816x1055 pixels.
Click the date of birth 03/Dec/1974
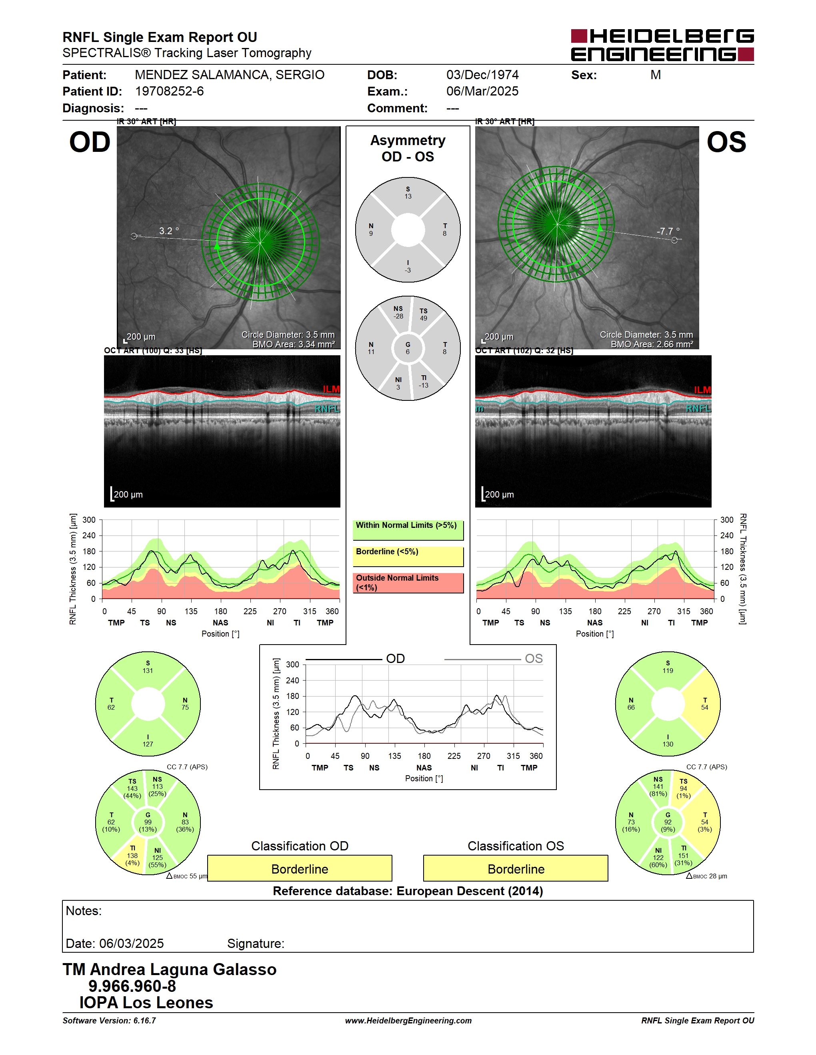point(482,75)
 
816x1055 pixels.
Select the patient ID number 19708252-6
point(169,91)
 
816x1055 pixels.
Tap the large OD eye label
point(90,143)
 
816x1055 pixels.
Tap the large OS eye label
point(726,143)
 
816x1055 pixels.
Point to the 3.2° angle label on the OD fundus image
point(169,231)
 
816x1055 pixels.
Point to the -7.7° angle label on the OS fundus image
point(668,231)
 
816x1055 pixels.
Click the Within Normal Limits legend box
point(408,530)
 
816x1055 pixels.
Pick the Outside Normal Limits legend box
point(408,583)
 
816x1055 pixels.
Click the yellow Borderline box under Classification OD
point(300,868)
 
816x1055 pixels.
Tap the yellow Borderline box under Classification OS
point(516,868)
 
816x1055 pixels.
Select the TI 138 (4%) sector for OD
point(131,855)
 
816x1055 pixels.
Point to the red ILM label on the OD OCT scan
point(331,389)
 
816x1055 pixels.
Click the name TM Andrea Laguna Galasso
point(170,969)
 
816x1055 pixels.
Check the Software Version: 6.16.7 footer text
point(109,1021)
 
